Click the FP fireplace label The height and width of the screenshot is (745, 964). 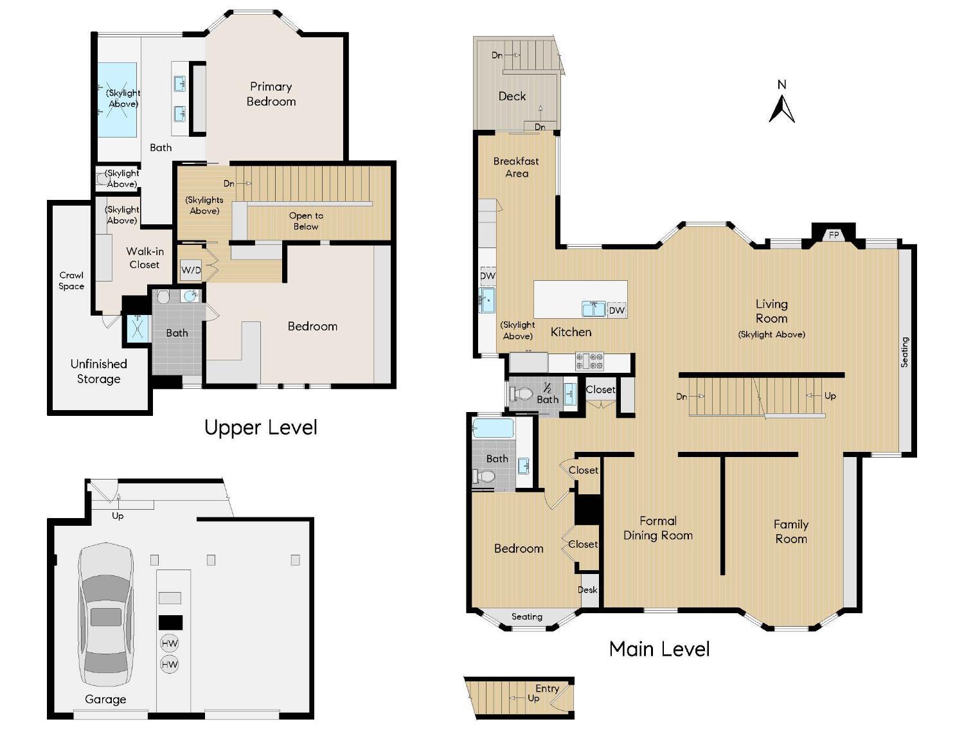(834, 235)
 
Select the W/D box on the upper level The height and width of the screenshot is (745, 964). (191, 270)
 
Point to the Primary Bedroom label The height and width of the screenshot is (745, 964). (271, 94)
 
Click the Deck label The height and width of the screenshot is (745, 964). (512, 96)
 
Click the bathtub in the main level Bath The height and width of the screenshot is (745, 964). (493, 428)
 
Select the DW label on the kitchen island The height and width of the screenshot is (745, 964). (616, 310)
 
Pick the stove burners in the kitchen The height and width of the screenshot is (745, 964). (589, 361)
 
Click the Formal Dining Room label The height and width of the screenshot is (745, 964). (658, 528)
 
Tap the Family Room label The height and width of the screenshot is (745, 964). (790, 532)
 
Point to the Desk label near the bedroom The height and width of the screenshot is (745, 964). (587, 589)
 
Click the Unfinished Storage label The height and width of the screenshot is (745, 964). (98, 372)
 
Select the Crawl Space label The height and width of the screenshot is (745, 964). (71, 281)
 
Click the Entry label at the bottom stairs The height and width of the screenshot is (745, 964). (547, 688)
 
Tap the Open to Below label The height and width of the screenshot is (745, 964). (306, 220)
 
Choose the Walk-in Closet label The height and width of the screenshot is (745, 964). (145, 258)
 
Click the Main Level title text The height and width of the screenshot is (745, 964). (659, 649)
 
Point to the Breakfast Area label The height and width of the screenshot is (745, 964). (516, 167)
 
